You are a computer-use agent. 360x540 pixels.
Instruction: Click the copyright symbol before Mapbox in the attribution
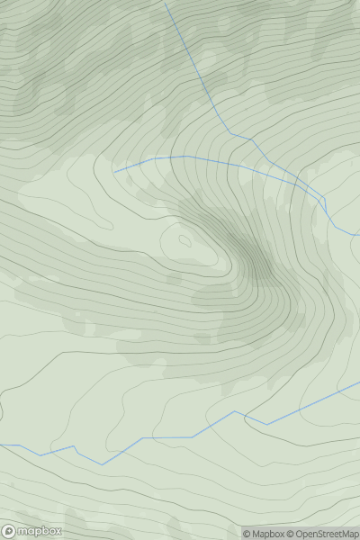coord(246,534)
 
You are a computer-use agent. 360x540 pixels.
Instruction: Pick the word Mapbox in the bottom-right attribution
coord(267,534)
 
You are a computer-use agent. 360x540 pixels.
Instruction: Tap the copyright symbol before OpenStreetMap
coord(291,534)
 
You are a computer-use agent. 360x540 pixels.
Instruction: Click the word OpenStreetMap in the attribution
coord(327,534)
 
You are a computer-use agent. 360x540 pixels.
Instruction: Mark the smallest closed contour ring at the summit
coord(185,240)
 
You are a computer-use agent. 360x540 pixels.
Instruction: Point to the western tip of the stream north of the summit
coord(114,171)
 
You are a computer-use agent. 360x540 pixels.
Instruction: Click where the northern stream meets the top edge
coord(165,1)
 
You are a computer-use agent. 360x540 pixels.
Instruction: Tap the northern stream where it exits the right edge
coord(359,236)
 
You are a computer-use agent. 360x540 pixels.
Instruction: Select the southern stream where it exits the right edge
coord(359,382)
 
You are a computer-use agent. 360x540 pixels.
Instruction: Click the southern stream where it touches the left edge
coord(1,445)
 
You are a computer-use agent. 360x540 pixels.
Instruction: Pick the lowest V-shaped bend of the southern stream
coord(102,464)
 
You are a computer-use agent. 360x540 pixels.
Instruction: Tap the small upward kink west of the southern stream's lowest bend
coord(73,446)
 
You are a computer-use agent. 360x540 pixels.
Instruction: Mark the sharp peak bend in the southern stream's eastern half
coord(236,411)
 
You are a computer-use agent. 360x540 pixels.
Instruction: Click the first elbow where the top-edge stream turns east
coord(230,133)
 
